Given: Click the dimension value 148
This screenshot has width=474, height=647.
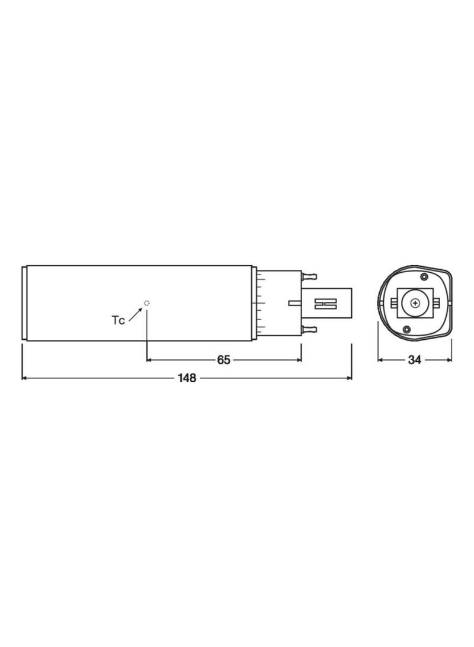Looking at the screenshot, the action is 187,378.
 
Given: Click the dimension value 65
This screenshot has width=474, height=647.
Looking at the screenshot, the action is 223,360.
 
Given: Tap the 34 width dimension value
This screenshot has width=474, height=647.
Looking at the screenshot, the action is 414,360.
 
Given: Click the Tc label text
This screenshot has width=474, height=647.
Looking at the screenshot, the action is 118,320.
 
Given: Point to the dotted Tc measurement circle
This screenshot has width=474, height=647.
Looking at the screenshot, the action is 147,303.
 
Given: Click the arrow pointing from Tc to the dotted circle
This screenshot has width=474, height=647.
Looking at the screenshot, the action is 136,314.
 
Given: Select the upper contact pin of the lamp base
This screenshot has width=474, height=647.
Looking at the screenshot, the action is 309,275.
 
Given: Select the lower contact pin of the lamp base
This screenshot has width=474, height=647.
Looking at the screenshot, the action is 309,329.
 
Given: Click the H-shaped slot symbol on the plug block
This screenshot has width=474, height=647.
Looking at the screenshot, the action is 326,304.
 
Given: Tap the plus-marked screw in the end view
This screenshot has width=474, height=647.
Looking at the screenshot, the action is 415,303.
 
